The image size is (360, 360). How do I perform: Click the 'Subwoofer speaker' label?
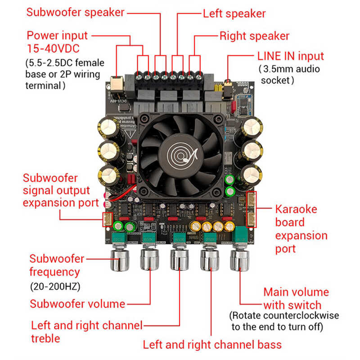tap(75, 12)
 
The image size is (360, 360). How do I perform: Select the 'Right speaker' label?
tap(254, 36)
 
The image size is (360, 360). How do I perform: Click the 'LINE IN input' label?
tap(290, 56)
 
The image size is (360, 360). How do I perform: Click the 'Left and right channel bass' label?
tap(212, 345)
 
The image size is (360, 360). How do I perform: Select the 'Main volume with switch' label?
tap(296, 298)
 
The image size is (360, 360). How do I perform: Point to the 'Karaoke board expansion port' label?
tap(301, 229)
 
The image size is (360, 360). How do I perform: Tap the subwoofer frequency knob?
tap(121, 259)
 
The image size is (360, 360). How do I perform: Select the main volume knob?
tap(239, 259)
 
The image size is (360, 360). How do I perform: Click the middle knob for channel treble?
tap(179, 260)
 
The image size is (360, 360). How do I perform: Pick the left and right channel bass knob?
tap(209, 260)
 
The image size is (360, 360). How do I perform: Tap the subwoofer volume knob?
tap(150, 259)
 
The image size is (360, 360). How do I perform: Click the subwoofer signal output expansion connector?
tap(108, 219)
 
